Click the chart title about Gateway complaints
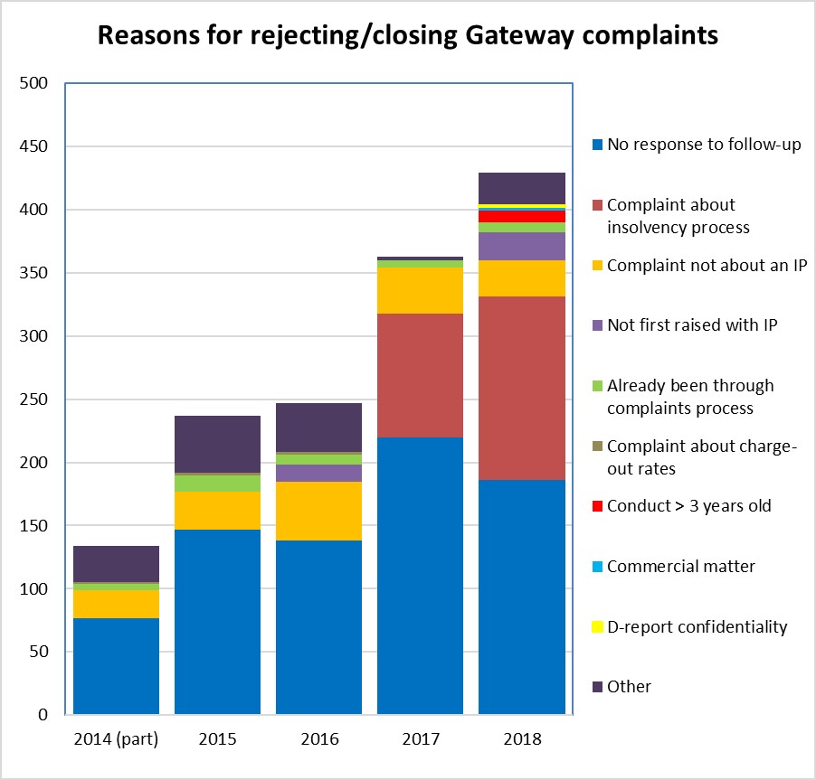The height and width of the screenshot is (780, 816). [408, 35]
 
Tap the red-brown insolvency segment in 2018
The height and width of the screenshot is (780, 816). [521, 388]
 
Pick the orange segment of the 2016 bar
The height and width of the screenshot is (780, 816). [318, 511]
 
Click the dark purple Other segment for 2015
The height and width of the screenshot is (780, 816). [217, 444]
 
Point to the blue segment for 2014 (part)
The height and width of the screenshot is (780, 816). [116, 666]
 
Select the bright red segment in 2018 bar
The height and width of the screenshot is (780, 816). [521, 216]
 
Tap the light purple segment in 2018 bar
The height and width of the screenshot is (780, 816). [521, 246]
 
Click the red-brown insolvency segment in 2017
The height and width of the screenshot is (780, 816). [420, 375]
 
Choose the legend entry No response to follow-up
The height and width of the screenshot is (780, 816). [704, 145]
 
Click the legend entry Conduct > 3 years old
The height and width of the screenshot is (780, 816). [688, 506]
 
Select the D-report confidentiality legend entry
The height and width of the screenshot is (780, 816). [697, 627]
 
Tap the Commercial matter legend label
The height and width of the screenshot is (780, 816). [680, 567]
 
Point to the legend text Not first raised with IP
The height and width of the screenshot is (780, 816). [692, 325]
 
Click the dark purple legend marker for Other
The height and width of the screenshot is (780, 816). [597, 688]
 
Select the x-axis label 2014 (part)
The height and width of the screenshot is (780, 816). [116, 739]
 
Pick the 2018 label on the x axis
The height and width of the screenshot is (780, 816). [521, 739]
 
